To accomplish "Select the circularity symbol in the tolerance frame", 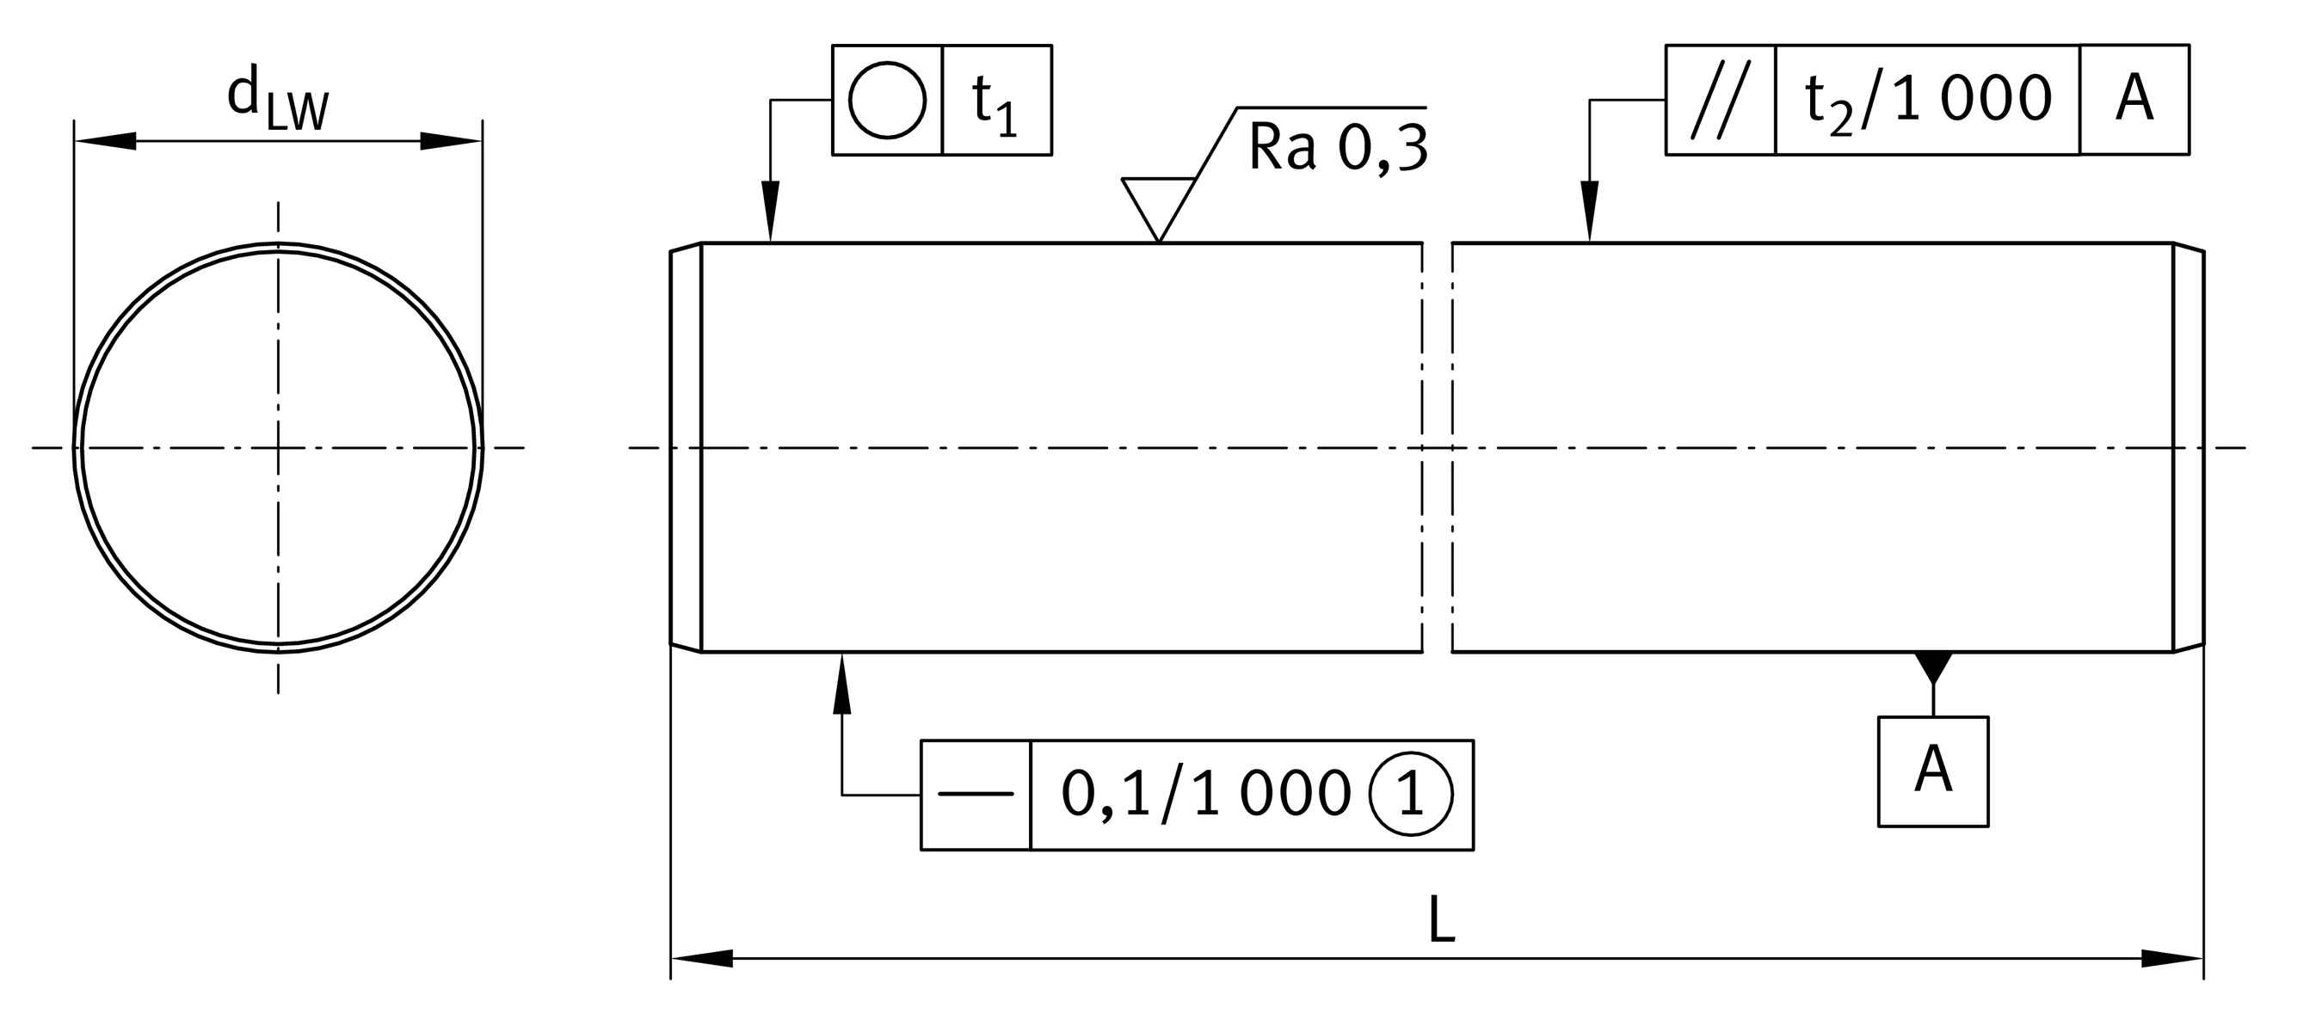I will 887,100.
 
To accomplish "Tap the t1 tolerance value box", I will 996,100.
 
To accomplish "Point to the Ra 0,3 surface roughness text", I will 1338,148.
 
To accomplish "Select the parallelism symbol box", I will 1720,100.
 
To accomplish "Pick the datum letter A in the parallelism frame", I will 2134,100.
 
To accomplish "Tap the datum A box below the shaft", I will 1932,771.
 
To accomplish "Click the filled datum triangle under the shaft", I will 1932,665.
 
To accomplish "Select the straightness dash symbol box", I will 976,795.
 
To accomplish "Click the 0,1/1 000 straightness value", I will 1206,795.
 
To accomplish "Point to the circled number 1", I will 1411,795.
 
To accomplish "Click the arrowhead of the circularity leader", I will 770,212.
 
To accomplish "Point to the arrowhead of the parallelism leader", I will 1589,212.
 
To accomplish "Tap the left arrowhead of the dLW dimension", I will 105,140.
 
